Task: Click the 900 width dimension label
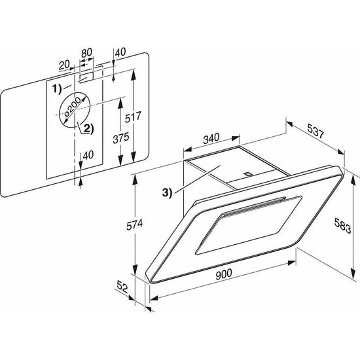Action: (224, 274)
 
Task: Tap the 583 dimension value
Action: (342, 226)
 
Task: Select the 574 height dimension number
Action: (135, 225)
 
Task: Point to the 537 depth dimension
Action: (315, 131)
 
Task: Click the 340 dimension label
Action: (211, 139)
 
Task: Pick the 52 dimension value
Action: (122, 287)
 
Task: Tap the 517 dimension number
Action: (133, 117)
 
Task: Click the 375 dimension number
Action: (121, 138)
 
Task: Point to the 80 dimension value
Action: (86, 52)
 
